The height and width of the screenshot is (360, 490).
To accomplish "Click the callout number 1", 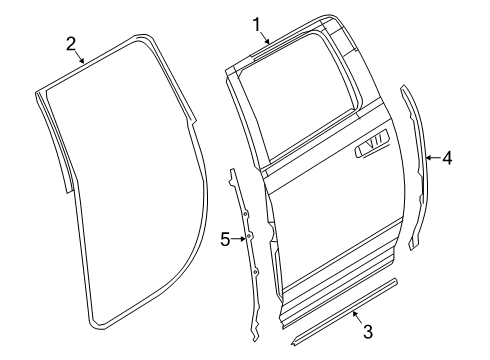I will click(x=256, y=22).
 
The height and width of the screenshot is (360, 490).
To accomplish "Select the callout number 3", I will click(x=367, y=331).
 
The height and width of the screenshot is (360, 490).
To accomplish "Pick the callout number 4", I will click(x=447, y=157).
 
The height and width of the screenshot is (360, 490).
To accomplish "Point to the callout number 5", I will click(x=225, y=238).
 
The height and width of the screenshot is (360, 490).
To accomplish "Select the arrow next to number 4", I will click(x=433, y=157).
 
